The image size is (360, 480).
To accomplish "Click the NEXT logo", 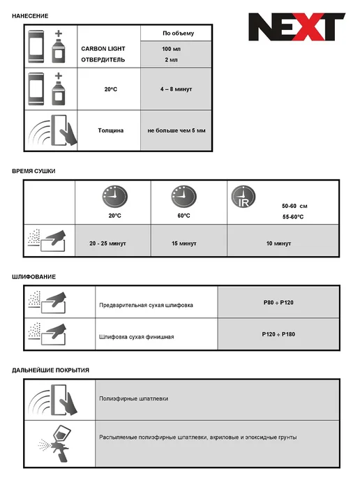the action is click(297, 27).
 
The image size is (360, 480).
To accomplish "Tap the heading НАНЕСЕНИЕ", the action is click(30, 16).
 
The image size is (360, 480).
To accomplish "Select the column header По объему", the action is click(178, 33).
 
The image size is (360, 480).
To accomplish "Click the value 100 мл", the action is click(171, 49).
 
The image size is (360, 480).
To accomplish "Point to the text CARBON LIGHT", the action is click(103, 49).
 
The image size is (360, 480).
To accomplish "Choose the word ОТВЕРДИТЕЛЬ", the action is click(103, 60).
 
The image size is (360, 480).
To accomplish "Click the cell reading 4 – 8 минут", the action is click(176, 89).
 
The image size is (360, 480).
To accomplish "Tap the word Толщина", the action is click(110, 130).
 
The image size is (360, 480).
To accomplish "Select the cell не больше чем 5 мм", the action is click(177, 130).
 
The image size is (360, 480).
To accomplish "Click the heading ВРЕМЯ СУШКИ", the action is click(33, 171).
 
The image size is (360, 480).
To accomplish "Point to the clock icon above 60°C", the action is click(183, 197).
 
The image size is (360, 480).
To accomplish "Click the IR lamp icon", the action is click(243, 197).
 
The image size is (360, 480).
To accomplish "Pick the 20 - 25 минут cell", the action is click(107, 243).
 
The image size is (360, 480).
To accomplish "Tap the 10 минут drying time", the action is click(278, 243).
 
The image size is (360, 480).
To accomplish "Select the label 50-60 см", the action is click(294, 206).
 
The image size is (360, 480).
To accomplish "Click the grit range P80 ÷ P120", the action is click(278, 303).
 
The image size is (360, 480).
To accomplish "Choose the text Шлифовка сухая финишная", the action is click(137, 337).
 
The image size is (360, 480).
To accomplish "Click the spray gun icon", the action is click(57, 443).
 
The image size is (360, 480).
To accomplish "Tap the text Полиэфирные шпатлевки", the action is click(133, 398).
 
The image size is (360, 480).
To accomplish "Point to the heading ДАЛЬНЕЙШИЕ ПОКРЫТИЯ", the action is click(50, 370).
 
